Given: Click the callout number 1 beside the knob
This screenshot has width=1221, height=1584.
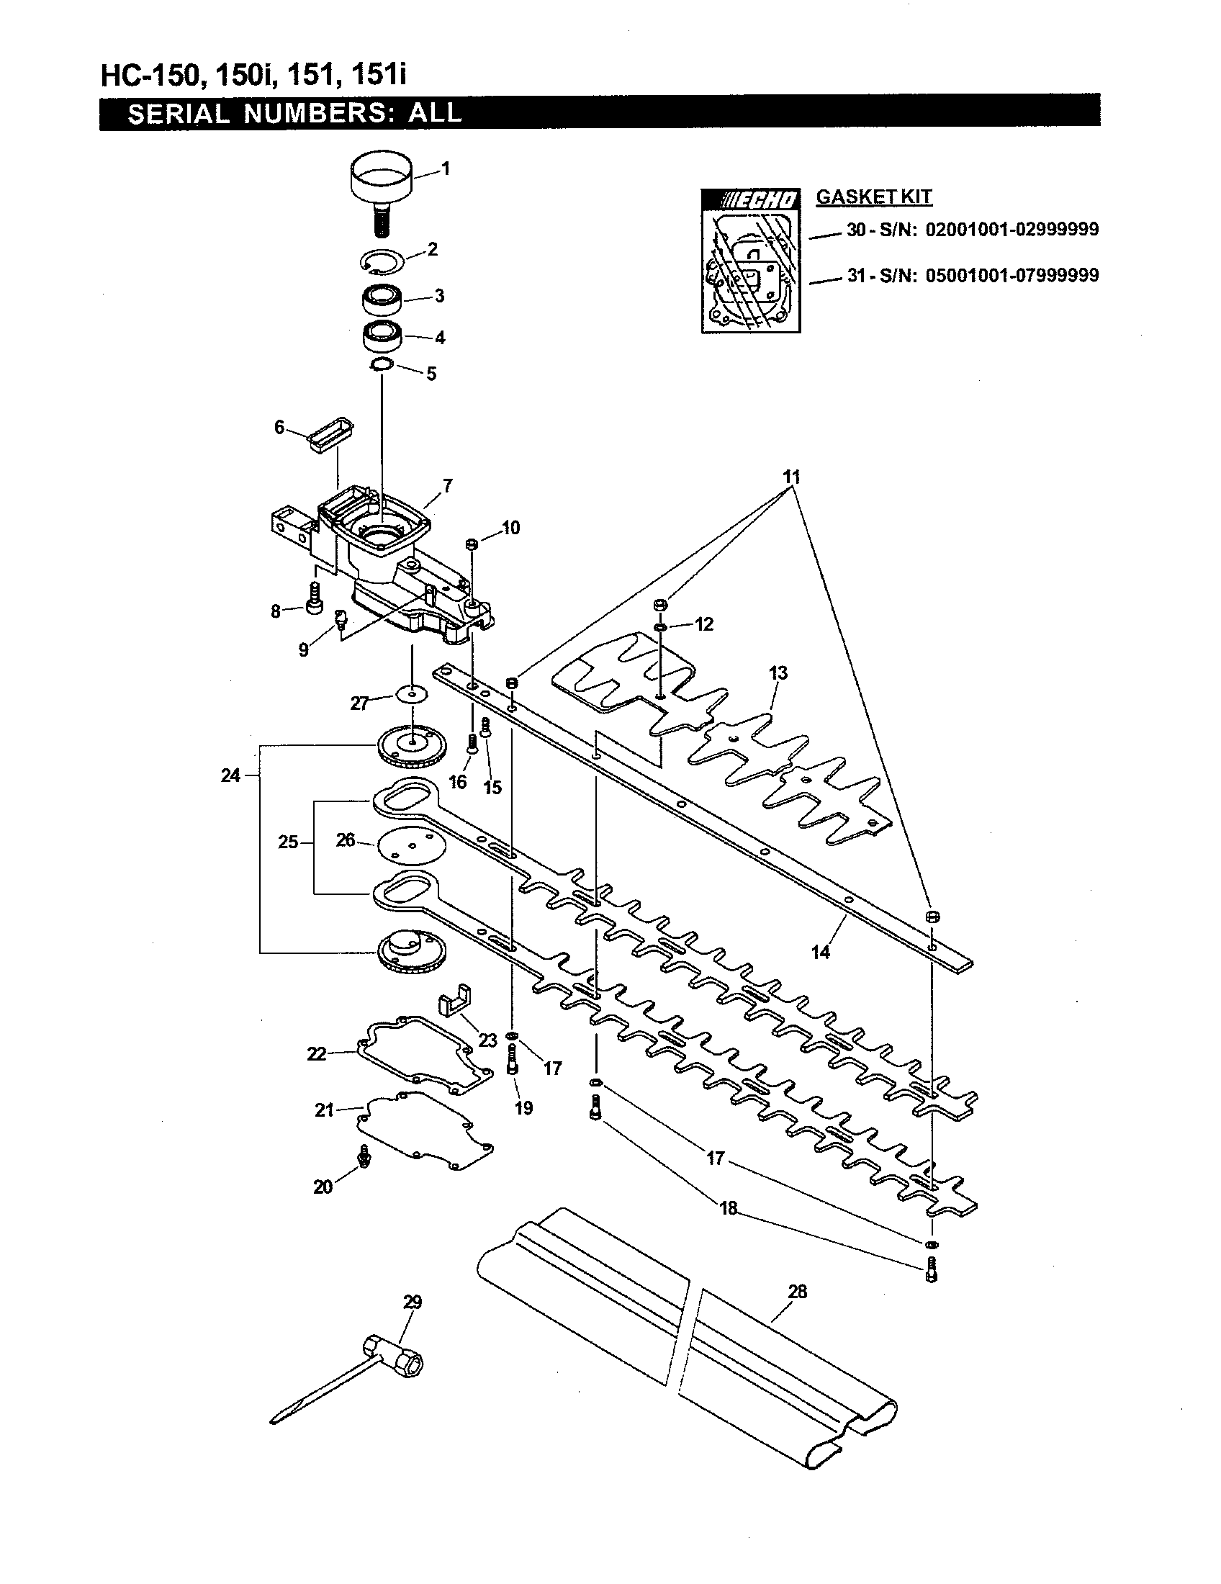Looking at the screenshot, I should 446,168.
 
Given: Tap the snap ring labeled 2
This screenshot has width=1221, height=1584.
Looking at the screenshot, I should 384,262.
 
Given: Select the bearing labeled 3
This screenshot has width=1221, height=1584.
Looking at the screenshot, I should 383,298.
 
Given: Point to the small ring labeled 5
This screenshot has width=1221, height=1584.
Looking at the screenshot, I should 382,364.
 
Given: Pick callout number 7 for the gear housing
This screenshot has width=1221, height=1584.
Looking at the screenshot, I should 448,485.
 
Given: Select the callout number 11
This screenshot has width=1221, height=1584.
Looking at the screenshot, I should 792,477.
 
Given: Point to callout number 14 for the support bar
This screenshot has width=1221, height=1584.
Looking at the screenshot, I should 820,953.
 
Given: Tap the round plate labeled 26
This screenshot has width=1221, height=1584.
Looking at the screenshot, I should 410,847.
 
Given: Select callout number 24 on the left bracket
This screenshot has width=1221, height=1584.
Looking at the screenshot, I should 230,775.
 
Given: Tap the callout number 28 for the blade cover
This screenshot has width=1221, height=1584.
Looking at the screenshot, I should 797,1292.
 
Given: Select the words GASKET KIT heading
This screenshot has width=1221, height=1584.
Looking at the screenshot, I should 874,197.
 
